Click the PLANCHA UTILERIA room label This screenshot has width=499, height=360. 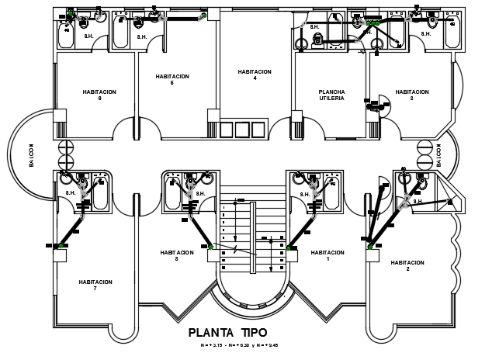332,95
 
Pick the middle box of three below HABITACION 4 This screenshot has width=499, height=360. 244,130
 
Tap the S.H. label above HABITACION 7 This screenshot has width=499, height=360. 71,192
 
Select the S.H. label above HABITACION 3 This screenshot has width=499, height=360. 427,33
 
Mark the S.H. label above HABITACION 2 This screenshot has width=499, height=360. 418,202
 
